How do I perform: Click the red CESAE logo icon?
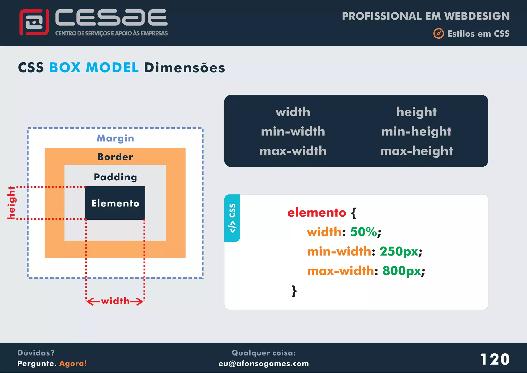(34, 22)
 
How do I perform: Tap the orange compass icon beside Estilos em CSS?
(438, 33)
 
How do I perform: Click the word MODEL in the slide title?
(112, 68)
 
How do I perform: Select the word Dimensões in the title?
(185, 68)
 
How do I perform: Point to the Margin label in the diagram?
(115, 138)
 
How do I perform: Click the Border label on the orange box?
(115, 157)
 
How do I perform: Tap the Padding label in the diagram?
(115, 177)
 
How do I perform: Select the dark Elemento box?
(115, 203)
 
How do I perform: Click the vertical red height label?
(11, 203)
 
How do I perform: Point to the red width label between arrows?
(115, 301)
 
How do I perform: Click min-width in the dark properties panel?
(293, 131)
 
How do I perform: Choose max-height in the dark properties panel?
(416, 151)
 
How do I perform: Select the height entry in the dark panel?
(416, 112)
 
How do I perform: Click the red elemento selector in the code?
(317, 213)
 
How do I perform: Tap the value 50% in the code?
(363, 232)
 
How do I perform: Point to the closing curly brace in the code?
(294, 291)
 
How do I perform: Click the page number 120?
(495, 359)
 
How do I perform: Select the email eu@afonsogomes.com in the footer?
(263, 363)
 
